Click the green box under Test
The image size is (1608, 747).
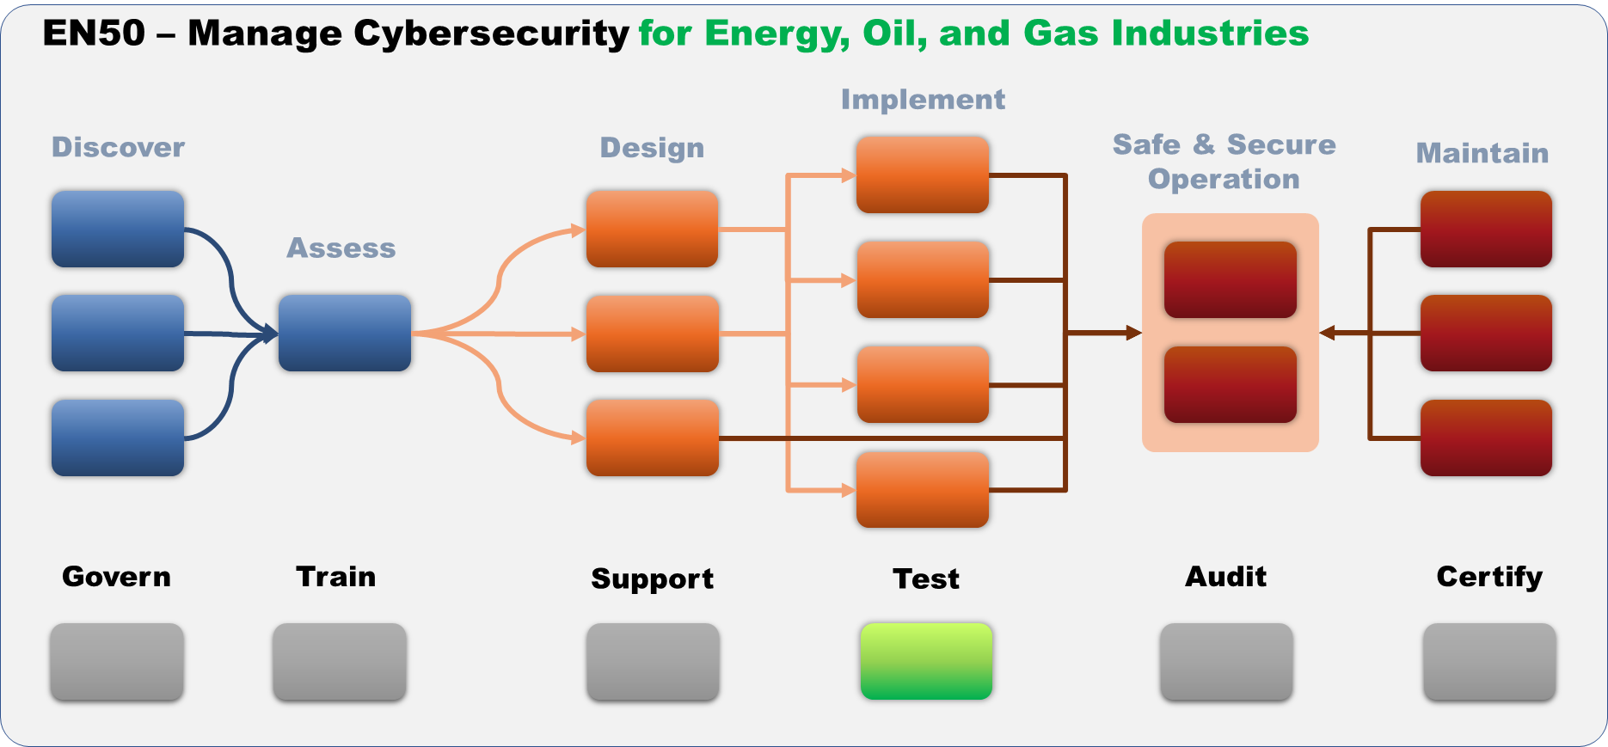(x=926, y=661)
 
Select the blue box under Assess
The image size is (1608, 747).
(x=345, y=333)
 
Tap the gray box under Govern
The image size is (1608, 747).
(x=117, y=661)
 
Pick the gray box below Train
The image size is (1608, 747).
(x=340, y=661)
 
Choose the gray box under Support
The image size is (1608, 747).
(x=653, y=661)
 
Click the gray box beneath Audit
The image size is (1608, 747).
(x=1226, y=661)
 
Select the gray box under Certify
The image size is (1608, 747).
(x=1489, y=661)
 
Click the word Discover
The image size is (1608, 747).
(x=119, y=147)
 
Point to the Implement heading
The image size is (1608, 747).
(x=923, y=100)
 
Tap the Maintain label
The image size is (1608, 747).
(x=1482, y=153)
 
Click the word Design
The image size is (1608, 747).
(x=652, y=148)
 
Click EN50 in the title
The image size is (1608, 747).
(x=94, y=34)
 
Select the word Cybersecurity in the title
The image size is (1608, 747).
(x=491, y=34)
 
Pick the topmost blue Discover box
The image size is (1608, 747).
(x=118, y=229)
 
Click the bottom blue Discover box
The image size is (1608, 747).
(x=118, y=438)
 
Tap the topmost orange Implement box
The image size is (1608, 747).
(x=923, y=175)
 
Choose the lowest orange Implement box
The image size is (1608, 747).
(x=923, y=489)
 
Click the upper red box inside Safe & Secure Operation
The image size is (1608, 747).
(x=1231, y=279)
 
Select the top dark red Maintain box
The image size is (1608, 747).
(x=1486, y=229)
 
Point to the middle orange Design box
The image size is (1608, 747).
(x=653, y=333)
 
